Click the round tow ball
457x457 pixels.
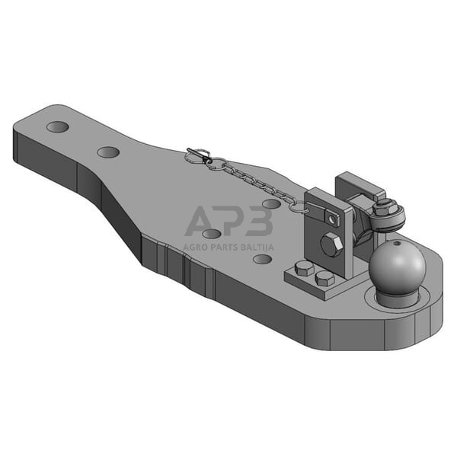[x=397, y=266]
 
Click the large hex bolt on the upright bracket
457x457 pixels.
[x=331, y=245]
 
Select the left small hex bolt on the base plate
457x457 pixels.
[x=304, y=268]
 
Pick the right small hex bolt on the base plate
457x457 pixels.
[x=324, y=277]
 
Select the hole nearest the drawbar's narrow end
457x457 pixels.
[x=58, y=126]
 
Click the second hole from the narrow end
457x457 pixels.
[x=108, y=152]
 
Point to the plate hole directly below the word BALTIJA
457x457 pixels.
[x=262, y=259]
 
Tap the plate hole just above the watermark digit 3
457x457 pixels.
[x=271, y=203]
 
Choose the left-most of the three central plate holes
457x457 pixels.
[x=212, y=234]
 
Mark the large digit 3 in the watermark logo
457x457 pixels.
[x=259, y=222]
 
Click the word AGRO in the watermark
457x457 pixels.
[x=196, y=247]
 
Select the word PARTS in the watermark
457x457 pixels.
[x=225, y=247]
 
